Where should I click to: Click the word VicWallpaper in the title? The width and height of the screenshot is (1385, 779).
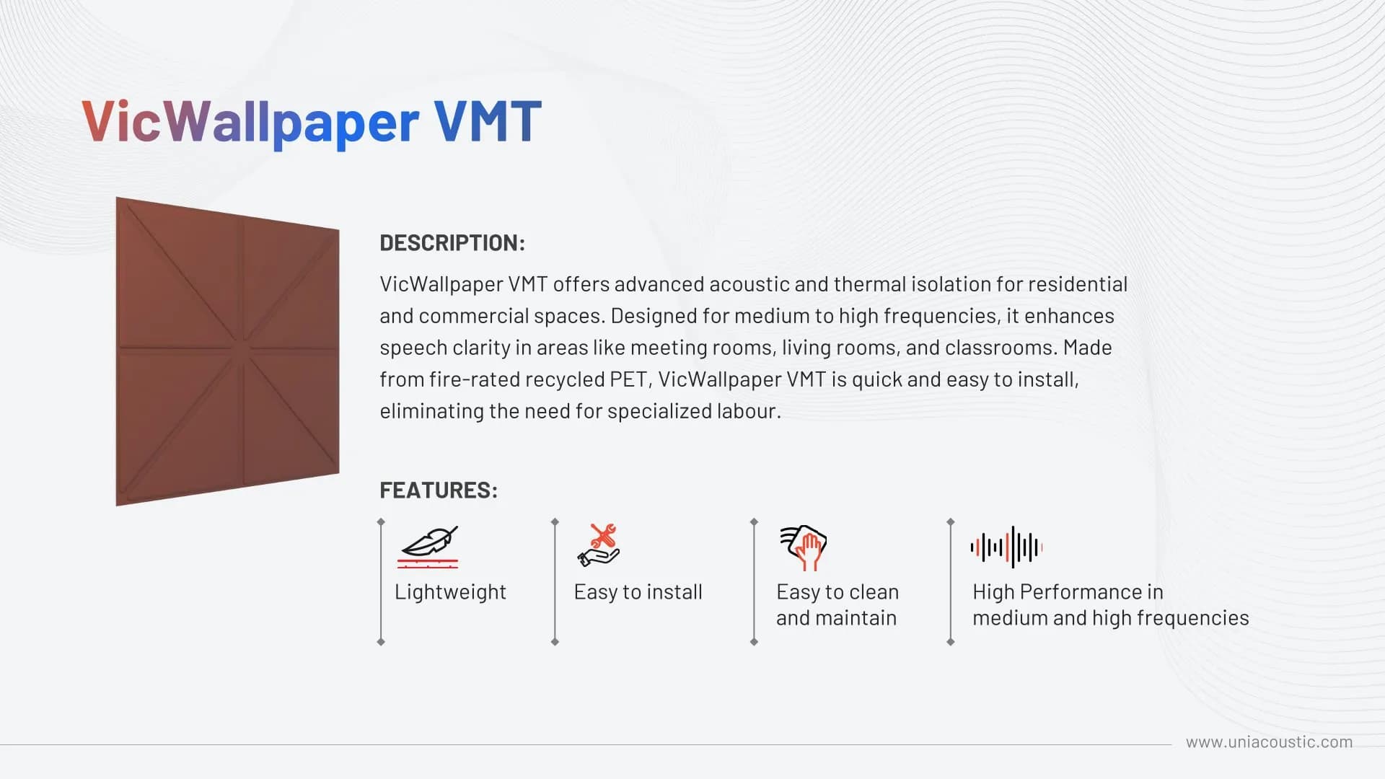tap(250, 122)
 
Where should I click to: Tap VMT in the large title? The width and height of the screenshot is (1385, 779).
tap(488, 120)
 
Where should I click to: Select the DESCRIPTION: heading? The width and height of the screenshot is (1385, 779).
tap(452, 243)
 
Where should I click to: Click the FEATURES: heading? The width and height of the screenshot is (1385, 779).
tap(439, 490)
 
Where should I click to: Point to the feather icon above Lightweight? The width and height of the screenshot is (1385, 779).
tap(428, 547)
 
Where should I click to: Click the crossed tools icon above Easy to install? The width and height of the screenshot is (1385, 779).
tap(599, 545)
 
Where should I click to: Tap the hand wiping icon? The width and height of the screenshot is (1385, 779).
tap(803, 547)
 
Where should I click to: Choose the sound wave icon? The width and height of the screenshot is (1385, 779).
tap(1006, 547)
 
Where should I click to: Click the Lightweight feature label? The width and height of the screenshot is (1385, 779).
tap(450, 592)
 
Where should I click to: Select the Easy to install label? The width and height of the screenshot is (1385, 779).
tap(638, 592)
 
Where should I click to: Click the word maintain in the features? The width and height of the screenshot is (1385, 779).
tap(856, 618)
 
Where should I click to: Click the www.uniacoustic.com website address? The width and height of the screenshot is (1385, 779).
tap(1269, 742)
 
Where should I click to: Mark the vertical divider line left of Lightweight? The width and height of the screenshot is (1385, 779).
tap(381, 581)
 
